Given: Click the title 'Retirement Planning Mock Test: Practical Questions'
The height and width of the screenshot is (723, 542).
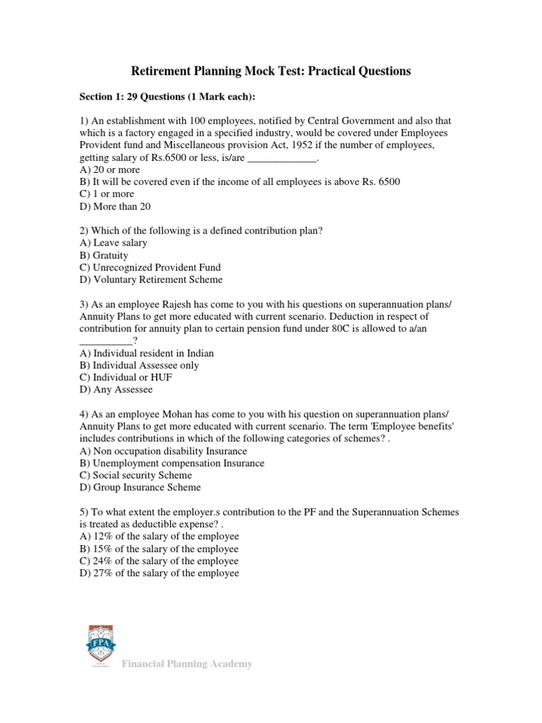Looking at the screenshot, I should coord(271,71).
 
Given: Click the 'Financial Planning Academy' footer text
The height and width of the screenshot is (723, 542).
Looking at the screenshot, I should coord(187,664).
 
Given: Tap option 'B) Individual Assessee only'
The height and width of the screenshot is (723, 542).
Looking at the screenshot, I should coord(139,366).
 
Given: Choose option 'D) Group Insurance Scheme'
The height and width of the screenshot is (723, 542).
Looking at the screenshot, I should coord(140,487).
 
